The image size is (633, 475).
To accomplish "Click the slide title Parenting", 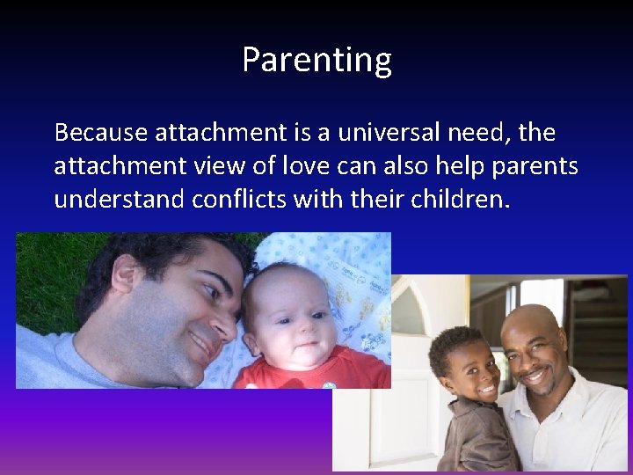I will tap(316, 60).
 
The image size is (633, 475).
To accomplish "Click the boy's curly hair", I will tap(453, 339).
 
